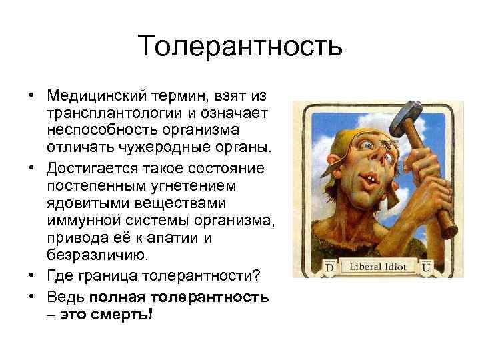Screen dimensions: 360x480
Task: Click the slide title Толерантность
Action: coord(240,46)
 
